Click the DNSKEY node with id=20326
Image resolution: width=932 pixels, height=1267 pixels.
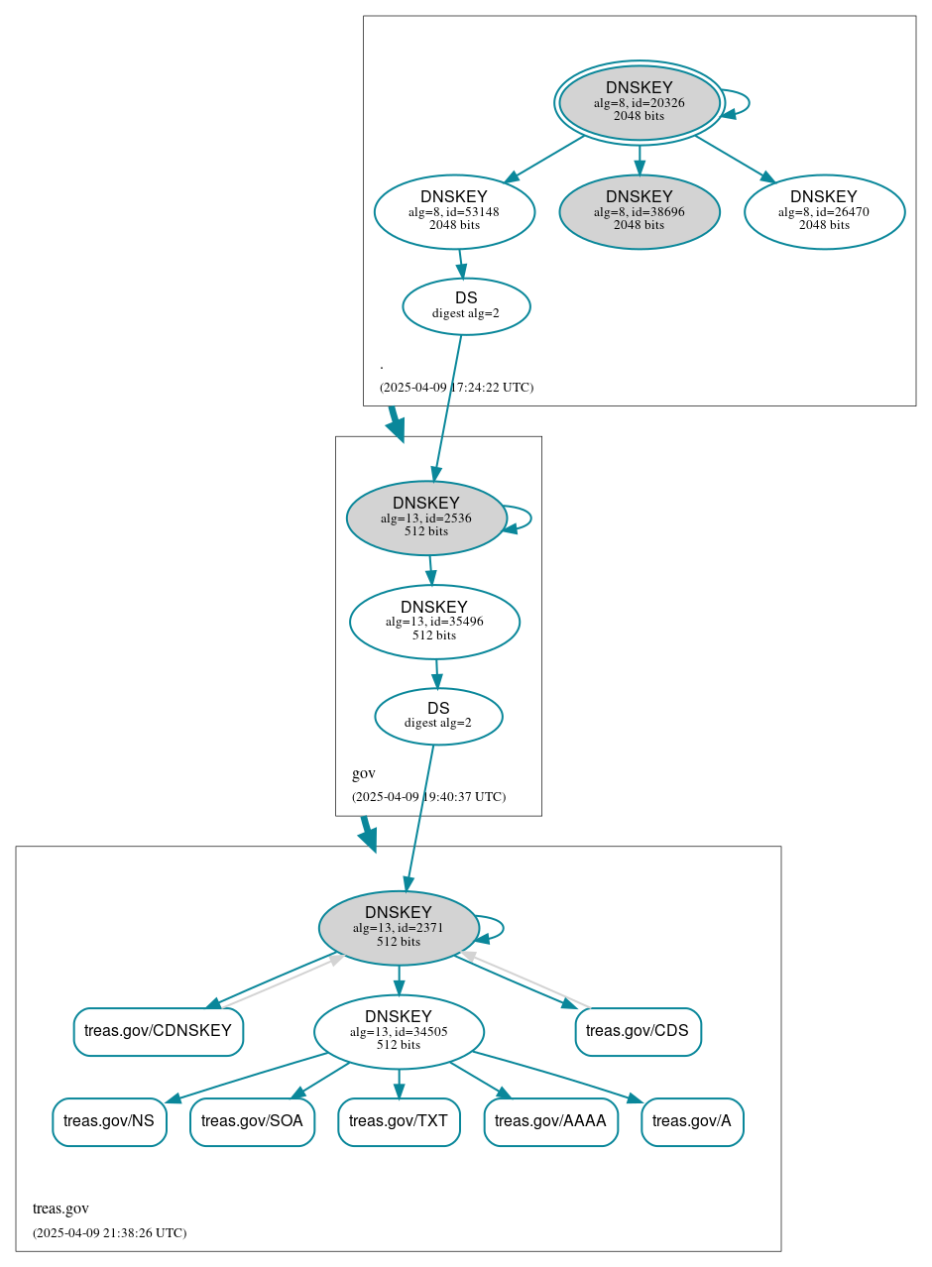tap(639, 102)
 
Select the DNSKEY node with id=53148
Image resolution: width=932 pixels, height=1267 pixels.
tap(454, 211)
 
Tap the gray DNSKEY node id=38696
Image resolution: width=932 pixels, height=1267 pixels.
tap(639, 211)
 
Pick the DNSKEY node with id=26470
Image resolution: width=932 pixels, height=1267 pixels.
tap(824, 211)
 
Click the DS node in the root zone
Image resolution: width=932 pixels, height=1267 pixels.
tap(466, 306)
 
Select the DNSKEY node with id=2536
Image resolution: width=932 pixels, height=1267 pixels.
tap(426, 518)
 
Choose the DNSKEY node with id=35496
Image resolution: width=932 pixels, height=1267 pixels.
tap(434, 622)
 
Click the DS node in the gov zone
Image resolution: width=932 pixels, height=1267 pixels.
tap(438, 716)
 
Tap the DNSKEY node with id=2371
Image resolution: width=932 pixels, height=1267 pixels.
tap(399, 928)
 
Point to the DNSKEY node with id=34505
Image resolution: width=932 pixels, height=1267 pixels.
tap(399, 1032)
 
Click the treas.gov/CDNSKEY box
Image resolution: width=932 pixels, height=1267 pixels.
tap(158, 1031)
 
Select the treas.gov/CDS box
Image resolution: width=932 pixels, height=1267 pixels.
tap(638, 1031)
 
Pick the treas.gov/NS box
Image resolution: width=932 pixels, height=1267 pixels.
tap(109, 1121)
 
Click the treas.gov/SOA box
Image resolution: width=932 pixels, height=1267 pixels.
tap(252, 1121)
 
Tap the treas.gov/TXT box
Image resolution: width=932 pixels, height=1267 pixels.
tap(399, 1121)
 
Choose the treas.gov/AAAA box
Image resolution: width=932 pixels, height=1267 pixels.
tap(550, 1121)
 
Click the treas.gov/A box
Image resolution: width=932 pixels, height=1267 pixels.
tap(692, 1121)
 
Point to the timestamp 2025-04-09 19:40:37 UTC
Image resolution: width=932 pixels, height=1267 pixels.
tap(428, 796)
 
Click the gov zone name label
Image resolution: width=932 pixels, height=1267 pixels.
tap(364, 773)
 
